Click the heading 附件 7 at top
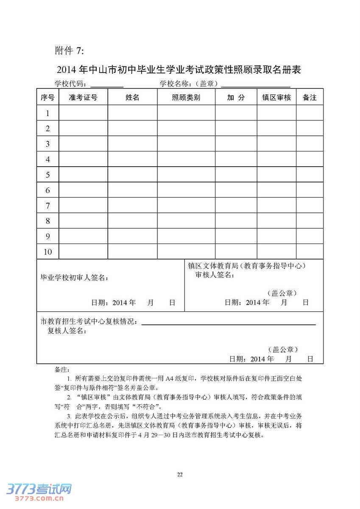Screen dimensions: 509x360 (70, 51)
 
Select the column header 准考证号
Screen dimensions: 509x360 (83, 98)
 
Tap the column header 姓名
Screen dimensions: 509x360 (132, 98)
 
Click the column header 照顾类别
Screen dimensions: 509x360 (186, 98)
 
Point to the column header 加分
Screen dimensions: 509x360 (236, 98)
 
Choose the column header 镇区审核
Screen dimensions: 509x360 (276, 98)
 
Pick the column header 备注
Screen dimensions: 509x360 (310, 98)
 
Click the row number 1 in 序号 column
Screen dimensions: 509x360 (48, 113)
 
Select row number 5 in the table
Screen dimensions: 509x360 (48, 175)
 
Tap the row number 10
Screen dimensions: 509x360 (48, 252)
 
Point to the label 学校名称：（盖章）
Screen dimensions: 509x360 (189, 84)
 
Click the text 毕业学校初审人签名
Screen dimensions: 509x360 (74, 278)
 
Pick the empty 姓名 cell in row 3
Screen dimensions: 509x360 (132, 144)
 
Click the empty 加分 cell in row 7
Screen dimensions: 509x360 (236, 206)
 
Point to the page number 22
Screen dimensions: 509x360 (180, 474)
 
